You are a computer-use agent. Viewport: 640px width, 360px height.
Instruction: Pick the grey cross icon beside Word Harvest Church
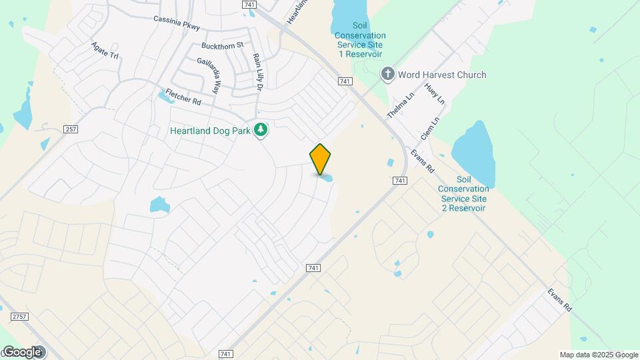click(x=387, y=75)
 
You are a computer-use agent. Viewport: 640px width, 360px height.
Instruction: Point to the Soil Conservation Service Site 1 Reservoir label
click(x=360, y=44)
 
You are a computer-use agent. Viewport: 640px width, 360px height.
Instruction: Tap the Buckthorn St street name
click(x=223, y=46)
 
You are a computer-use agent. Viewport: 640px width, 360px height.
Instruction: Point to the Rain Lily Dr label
click(x=257, y=72)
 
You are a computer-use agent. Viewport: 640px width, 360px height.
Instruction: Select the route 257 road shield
click(x=71, y=129)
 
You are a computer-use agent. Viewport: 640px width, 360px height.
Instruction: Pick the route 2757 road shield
click(x=19, y=316)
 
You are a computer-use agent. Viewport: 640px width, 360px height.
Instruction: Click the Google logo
click(x=23, y=351)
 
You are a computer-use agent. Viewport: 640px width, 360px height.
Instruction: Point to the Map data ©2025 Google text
click(x=599, y=355)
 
